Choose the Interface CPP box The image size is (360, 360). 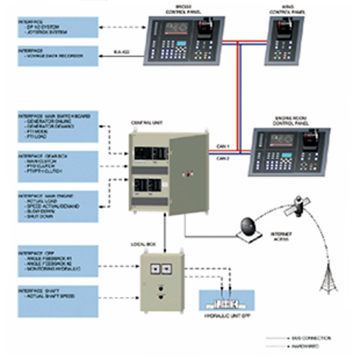(58, 261)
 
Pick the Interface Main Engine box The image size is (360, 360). (58, 206)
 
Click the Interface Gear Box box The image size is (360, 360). (58, 166)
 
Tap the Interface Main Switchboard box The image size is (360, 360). (58, 126)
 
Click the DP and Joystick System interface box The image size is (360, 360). (58, 27)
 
